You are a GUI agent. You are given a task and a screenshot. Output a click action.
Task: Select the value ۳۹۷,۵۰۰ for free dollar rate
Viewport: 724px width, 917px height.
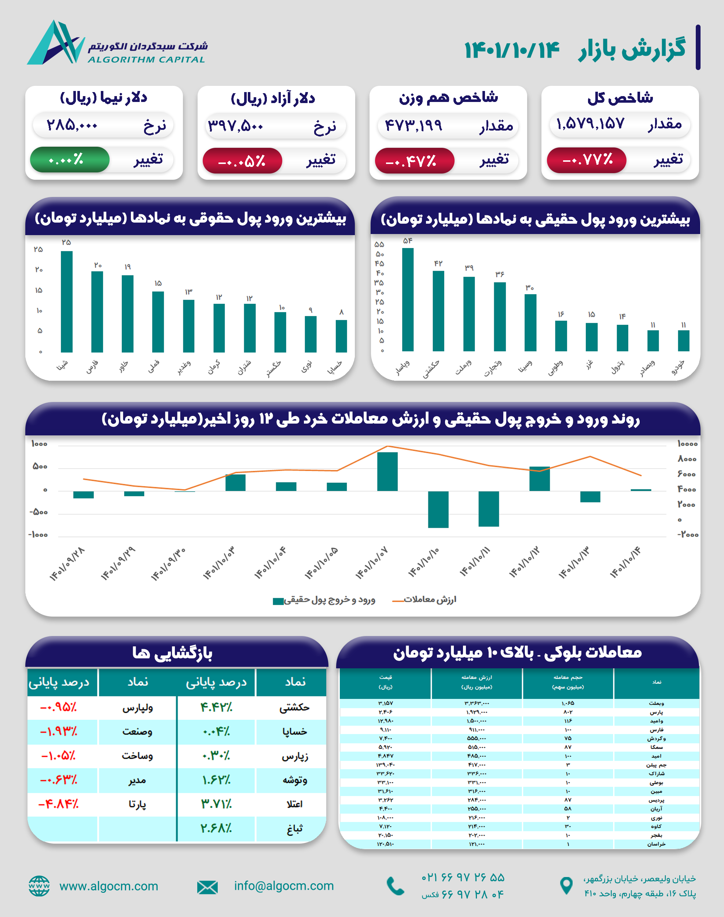[236, 126]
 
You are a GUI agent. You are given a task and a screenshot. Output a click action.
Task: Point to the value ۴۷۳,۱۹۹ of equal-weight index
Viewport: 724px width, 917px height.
[414, 125]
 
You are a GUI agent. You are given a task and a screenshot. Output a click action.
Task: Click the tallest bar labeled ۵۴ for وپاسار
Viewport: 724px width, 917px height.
[408, 299]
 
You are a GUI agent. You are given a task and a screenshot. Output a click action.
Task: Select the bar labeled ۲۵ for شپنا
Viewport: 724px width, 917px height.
[67, 302]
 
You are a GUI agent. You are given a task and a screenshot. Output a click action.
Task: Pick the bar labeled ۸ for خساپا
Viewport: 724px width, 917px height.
[341, 336]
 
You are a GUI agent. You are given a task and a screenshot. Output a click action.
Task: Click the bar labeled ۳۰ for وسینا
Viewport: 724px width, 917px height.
[530, 322]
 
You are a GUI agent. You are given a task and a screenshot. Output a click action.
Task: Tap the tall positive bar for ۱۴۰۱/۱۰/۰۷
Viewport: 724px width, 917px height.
[387, 471]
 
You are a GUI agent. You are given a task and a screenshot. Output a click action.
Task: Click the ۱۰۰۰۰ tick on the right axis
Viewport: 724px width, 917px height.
[687, 444]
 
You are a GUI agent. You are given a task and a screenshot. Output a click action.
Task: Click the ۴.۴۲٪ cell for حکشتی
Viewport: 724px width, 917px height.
[216, 708]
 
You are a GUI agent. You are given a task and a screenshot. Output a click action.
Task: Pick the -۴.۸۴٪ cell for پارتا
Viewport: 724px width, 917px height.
[59, 804]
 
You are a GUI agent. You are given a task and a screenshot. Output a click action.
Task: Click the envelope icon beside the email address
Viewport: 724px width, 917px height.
[207, 887]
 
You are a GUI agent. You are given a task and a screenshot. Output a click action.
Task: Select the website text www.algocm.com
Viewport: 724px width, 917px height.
[109, 886]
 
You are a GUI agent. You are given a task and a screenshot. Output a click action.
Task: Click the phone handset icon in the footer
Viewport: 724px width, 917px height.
[396, 886]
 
